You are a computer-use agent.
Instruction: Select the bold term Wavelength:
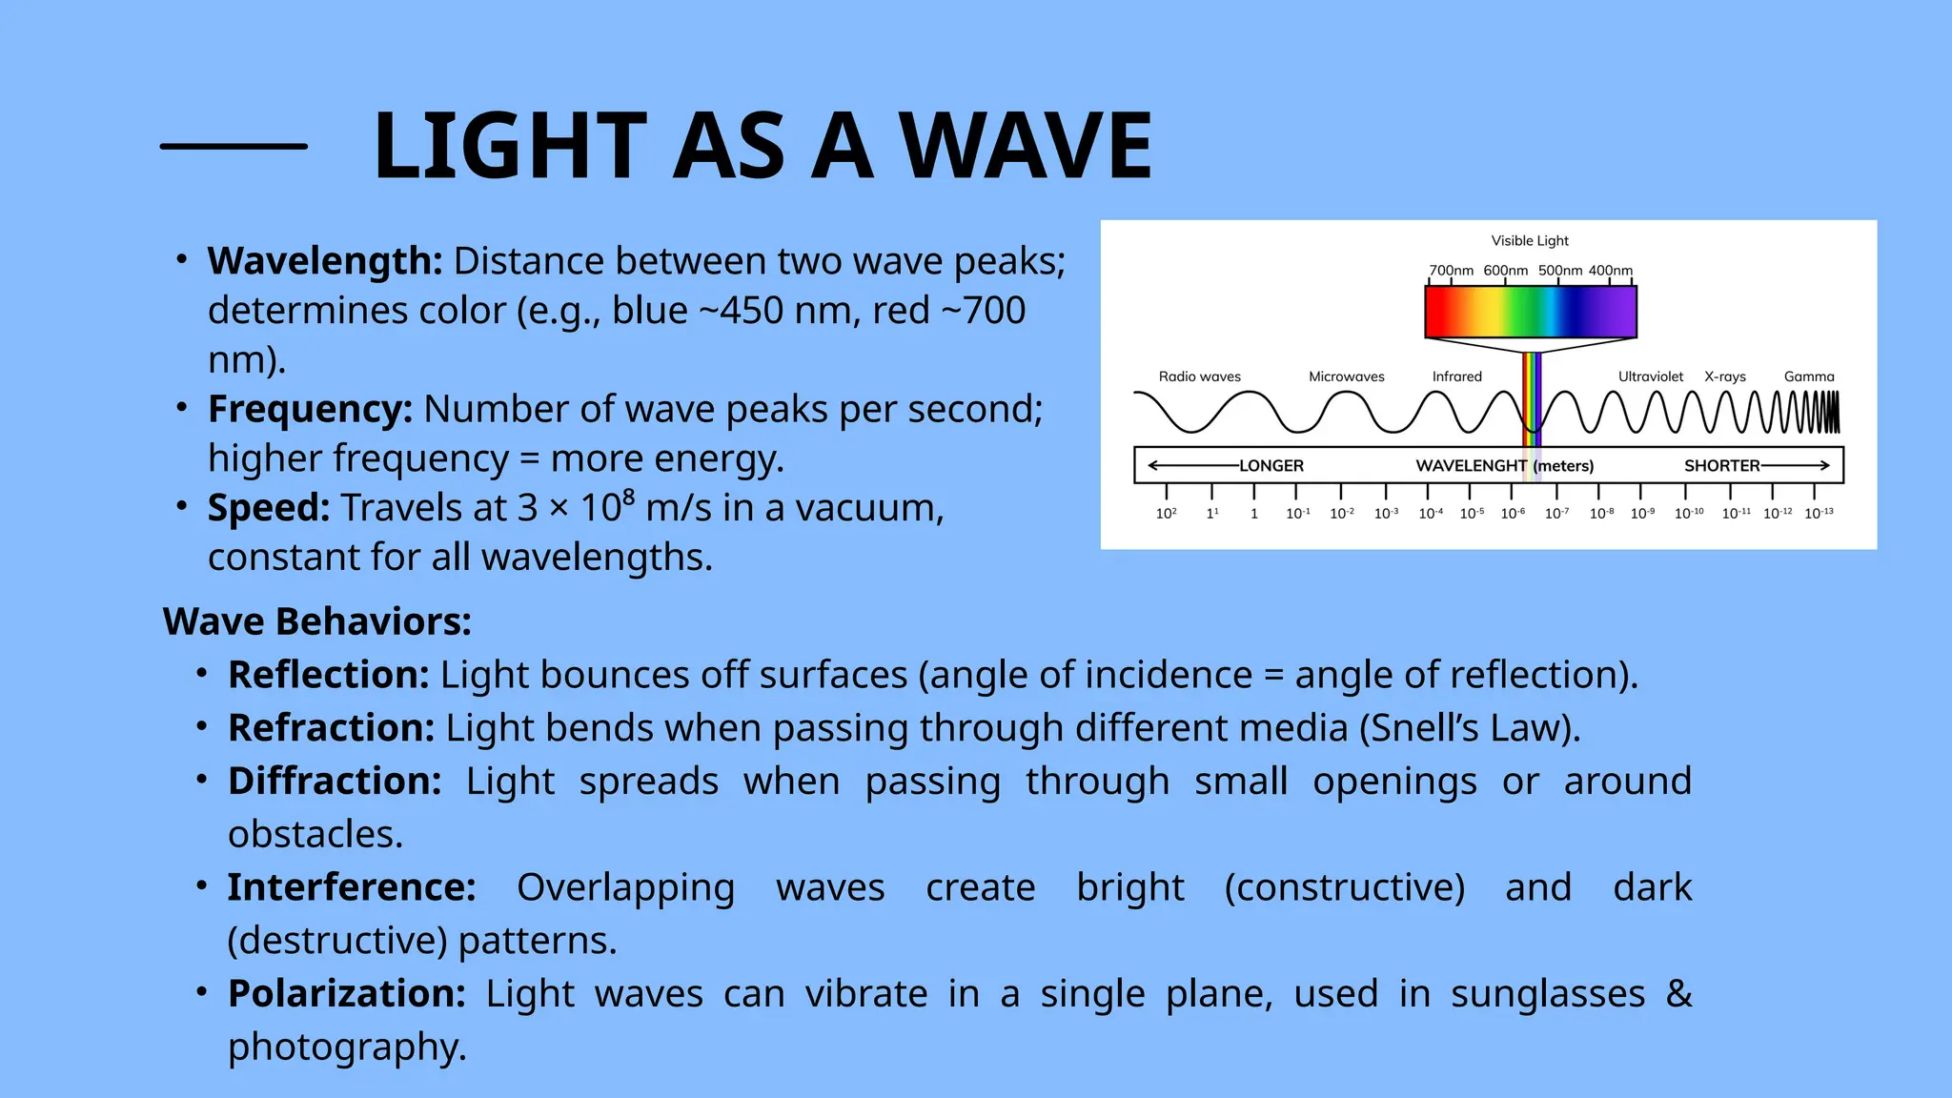[325, 261]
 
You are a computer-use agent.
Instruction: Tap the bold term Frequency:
[310, 409]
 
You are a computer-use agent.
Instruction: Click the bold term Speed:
[269, 508]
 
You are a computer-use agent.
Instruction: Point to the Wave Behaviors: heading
[317, 621]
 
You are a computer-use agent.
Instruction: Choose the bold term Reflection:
[329, 675]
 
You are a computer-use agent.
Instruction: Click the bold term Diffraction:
[335, 782]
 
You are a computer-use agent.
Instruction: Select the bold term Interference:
[352, 887]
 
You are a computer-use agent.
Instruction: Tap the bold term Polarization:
[346, 994]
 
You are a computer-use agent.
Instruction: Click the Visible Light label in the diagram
[1529, 241]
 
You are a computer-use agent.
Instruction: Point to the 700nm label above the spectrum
[1451, 271]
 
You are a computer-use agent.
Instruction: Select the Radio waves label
[1199, 376]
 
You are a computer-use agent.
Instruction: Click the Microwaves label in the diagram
[1346, 376]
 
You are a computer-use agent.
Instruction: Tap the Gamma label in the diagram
[1808, 376]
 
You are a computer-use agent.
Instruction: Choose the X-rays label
[1724, 376]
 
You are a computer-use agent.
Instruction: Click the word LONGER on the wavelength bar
[1271, 466]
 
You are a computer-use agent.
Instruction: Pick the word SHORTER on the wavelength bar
[1721, 466]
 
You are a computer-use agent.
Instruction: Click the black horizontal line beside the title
[234, 146]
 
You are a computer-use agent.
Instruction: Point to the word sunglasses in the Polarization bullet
[1548, 994]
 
